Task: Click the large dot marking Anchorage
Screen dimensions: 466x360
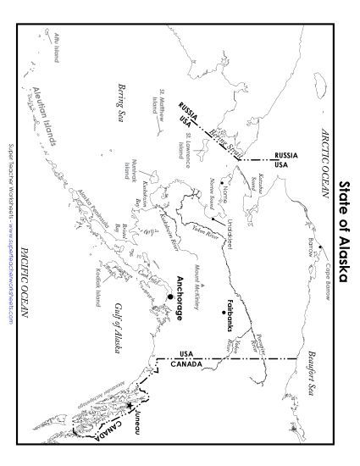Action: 169,297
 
